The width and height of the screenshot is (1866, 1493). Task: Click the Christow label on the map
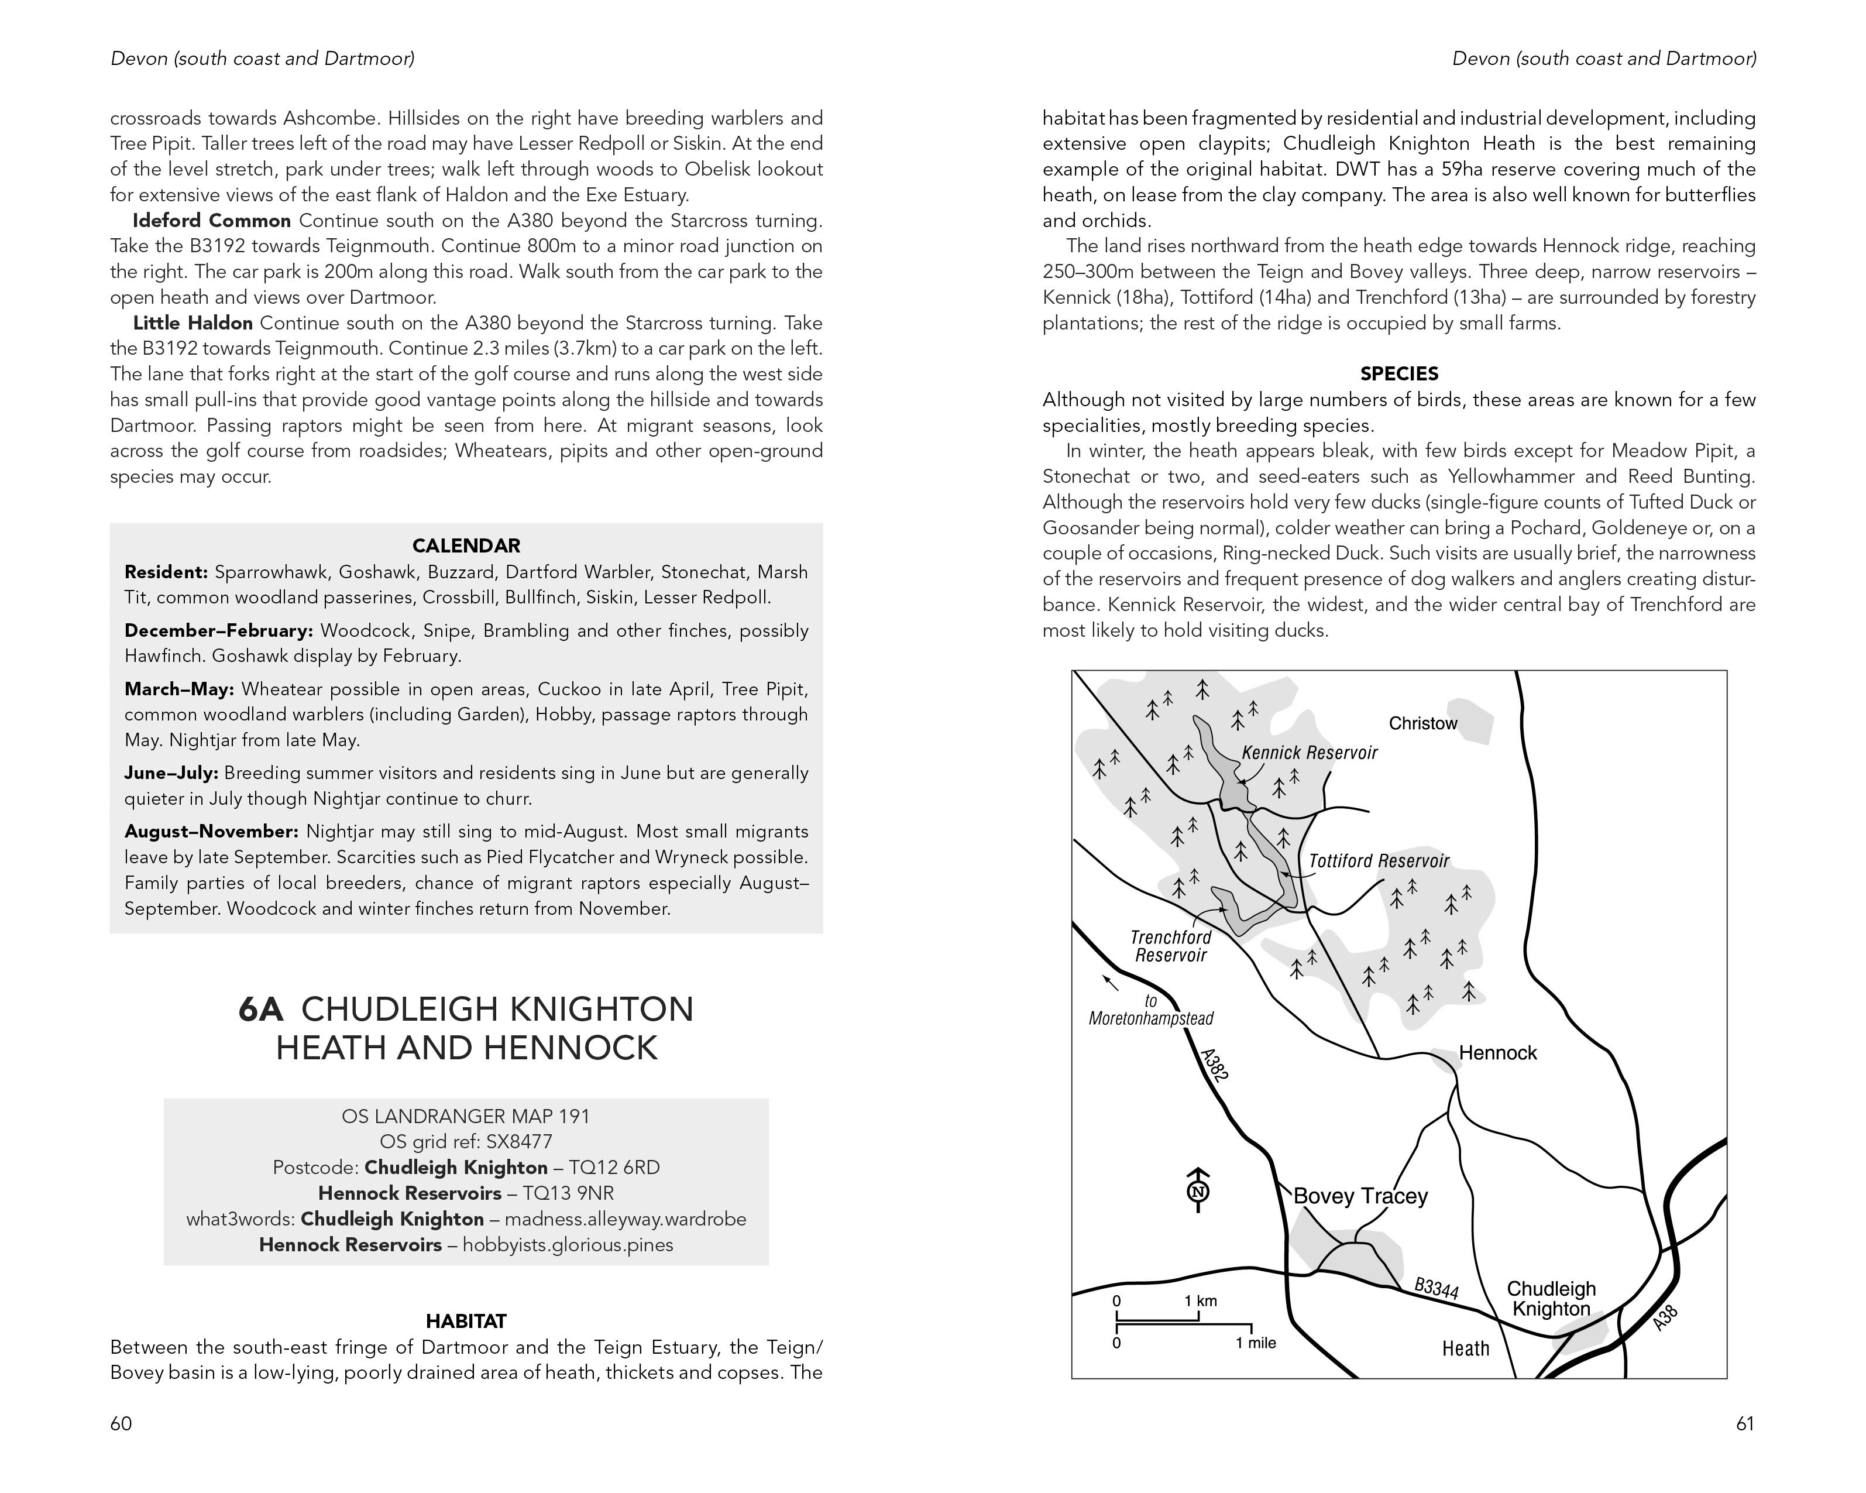point(1423,723)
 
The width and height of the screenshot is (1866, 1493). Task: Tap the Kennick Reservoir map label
point(1308,753)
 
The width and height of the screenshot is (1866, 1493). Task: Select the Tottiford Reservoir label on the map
point(1378,861)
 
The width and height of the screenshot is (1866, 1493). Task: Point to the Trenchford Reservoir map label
point(1170,946)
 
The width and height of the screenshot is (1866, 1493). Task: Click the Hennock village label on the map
point(1497,1053)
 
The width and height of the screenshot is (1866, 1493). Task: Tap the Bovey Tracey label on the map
point(1360,1196)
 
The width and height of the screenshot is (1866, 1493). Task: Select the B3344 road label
point(1436,1289)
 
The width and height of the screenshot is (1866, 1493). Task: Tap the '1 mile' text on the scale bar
point(1255,1343)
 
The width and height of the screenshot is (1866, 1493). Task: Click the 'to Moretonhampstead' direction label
point(1150,1010)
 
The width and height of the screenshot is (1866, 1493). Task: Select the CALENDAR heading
point(466,546)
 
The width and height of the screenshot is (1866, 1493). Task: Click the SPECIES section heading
point(1398,374)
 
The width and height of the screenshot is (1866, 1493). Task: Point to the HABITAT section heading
point(466,1322)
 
